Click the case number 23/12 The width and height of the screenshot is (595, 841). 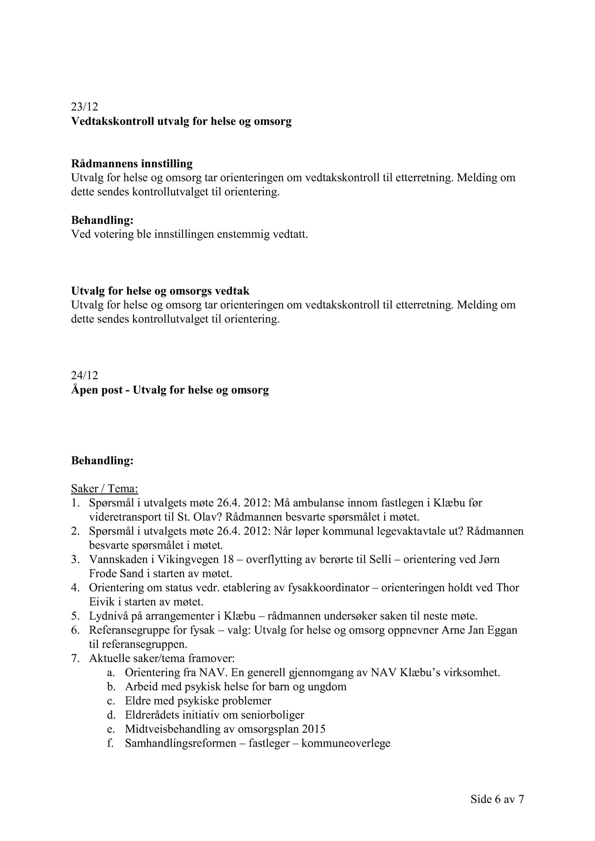tap(85, 107)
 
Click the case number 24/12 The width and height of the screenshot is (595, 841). tap(85, 375)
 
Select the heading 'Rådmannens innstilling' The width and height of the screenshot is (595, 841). tap(132, 164)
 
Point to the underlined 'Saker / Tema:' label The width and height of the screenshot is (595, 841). tap(105, 489)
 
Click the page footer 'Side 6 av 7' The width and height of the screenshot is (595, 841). tap(497, 799)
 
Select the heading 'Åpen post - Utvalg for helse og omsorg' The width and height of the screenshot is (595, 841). tap(170, 390)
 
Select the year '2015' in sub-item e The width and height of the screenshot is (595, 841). tap(312, 729)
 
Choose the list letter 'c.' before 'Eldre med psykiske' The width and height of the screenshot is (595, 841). tap(110, 701)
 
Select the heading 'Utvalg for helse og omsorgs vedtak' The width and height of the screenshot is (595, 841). tap(160, 291)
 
